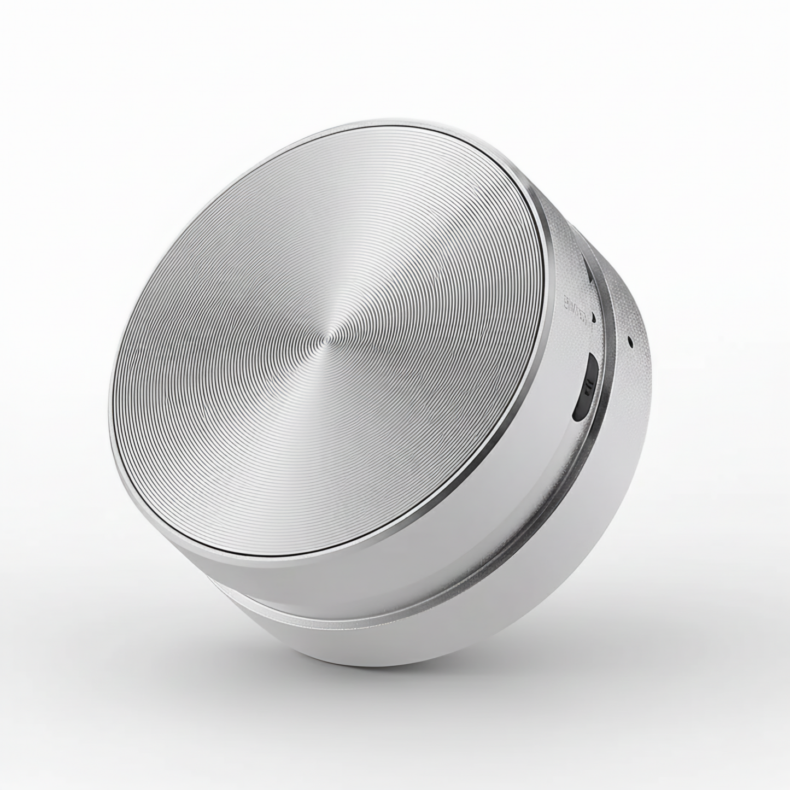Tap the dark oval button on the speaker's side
coord(586,387)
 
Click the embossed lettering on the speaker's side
coord(577,314)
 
